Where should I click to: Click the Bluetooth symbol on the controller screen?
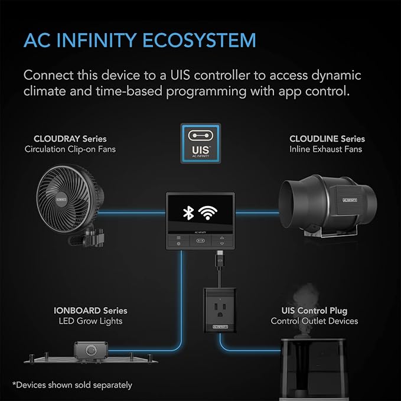(188, 213)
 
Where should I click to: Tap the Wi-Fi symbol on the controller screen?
(208, 212)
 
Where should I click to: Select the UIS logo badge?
(201, 144)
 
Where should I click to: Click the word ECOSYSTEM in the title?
(199, 40)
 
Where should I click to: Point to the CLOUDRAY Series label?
(70, 139)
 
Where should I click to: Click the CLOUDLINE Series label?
(327, 139)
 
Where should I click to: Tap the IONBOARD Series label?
(90, 311)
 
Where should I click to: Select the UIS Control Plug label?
(314, 311)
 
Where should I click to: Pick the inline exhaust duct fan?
(328, 205)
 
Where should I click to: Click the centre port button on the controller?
(200, 240)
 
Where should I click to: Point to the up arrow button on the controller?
(221, 238)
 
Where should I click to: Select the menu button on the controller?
(178, 238)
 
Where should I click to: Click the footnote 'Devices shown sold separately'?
(73, 385)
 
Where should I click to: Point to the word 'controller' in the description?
(221, 75)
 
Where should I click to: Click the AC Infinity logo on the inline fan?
(350, 200)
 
